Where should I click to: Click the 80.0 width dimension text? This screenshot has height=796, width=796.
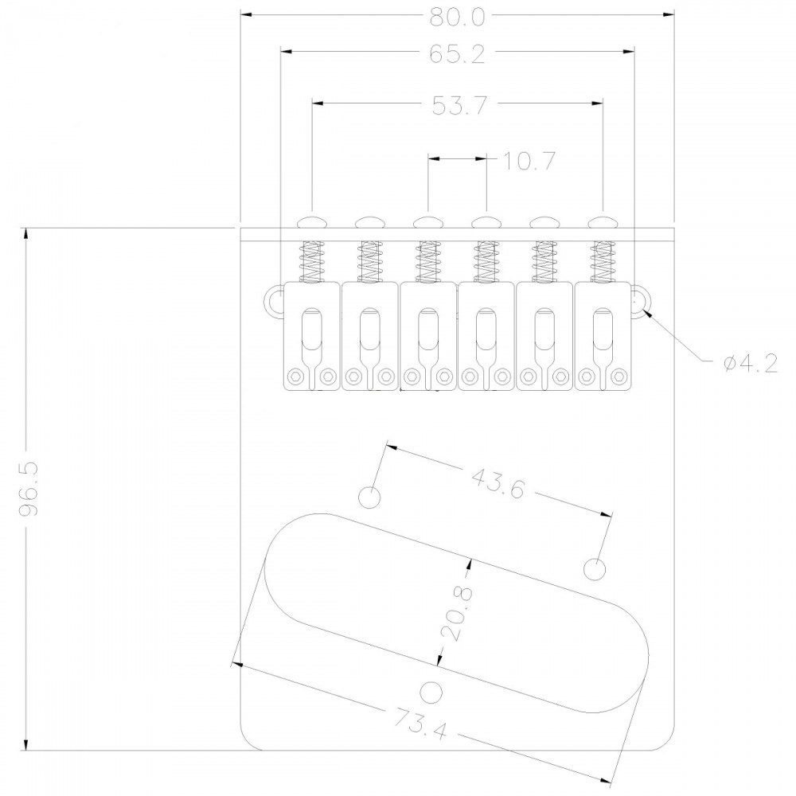coord(458,17)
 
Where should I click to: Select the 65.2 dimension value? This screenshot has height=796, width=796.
coord(458,53)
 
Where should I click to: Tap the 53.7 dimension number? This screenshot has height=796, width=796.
coord(459,106)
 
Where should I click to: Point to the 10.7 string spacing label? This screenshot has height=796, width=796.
coord(529,161)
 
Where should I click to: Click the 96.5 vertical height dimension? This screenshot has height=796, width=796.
coord(29,488)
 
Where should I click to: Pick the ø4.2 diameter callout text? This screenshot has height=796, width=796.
coord(751,364)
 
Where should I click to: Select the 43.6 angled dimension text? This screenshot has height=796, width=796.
coord(497,483)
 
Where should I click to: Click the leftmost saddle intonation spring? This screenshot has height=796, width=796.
coord(312,261)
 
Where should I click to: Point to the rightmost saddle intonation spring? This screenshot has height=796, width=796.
coord(603,261)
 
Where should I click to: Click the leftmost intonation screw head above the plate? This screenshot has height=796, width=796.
coord(312,222)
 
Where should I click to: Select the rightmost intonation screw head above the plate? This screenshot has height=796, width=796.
coord(603,222)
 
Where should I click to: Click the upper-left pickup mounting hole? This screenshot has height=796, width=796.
coord(369,497)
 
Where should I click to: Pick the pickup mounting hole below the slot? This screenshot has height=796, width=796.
coord(431,692)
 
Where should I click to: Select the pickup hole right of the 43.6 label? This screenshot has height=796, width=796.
coord(595,569)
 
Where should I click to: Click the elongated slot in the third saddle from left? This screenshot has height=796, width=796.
coord(427,330)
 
